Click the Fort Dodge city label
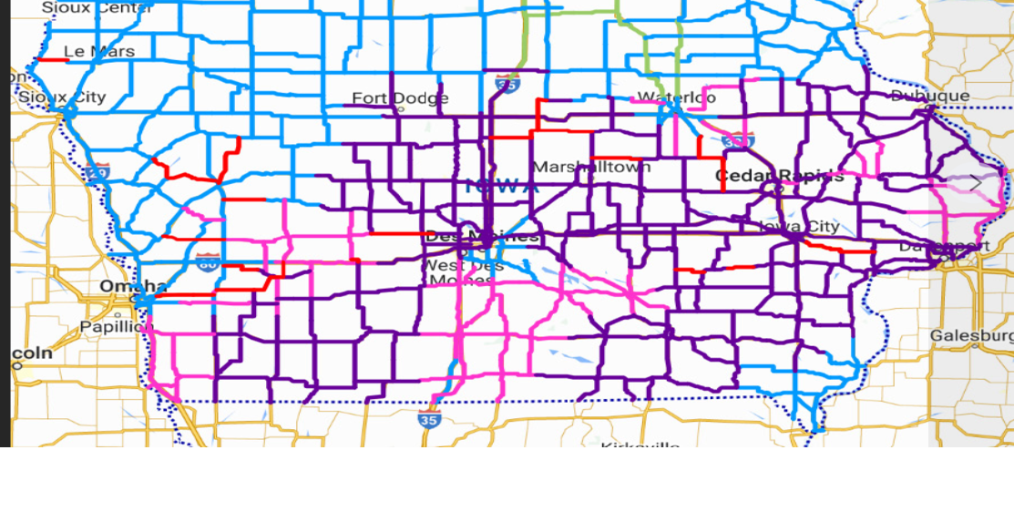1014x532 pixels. [400, 98]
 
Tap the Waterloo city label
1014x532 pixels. [676, 97]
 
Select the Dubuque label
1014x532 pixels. [930, 96]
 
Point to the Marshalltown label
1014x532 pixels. [591, 168]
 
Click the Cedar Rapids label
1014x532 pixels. [779, 176]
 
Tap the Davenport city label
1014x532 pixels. [944, 247]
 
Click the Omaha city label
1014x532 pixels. [133, 286]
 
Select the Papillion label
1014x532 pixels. [113, 326]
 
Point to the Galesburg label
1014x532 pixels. [971, 336]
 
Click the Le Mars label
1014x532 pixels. [99, 52]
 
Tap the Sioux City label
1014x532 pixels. [62, 97]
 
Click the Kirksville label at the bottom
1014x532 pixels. [640, 445]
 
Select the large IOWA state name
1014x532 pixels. [501, 187]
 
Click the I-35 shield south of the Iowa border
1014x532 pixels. [429, 419]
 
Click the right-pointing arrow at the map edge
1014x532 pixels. [976, 183]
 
